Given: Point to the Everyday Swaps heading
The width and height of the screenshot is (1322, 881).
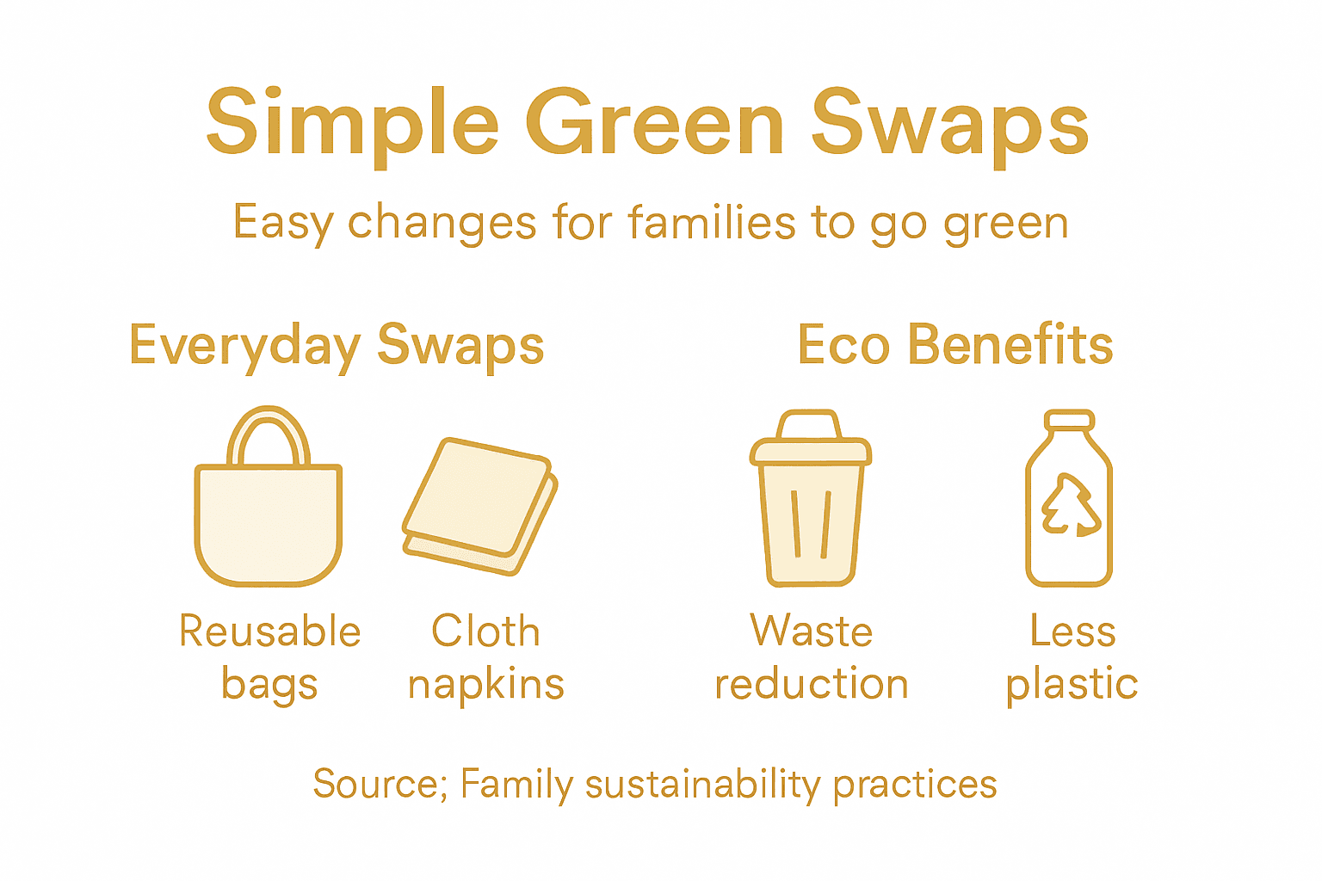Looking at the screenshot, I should tap(337, 346).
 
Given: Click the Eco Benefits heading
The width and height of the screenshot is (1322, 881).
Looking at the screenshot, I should tap(955, 345).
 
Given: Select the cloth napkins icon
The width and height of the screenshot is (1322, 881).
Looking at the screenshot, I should tap(479, 506).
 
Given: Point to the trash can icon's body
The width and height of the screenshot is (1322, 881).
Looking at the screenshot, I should tap(810, 525).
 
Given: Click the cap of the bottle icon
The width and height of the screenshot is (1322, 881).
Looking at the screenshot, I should tap(1069, 420).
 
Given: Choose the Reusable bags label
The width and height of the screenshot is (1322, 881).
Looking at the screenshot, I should tap(269, 657).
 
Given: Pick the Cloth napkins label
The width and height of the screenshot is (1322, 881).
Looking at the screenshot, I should tap(485, 657).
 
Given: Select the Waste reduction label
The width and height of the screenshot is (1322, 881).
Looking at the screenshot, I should tap(811, 657).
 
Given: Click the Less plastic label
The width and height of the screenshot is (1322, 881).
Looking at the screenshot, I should tap(1072, 657).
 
